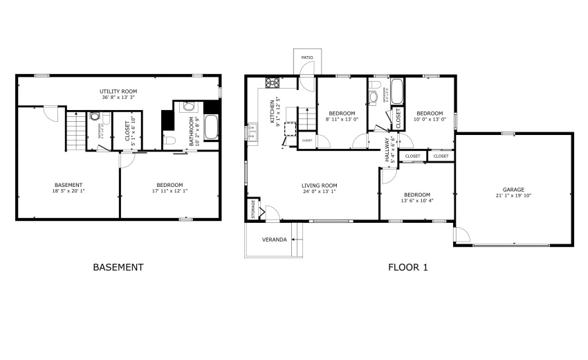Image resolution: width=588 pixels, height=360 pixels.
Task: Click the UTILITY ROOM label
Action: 118,91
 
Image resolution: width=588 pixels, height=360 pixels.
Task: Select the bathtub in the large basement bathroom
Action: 211,127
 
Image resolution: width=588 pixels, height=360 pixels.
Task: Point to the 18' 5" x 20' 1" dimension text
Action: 68,192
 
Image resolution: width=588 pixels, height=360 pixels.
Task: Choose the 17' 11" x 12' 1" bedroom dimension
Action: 169,192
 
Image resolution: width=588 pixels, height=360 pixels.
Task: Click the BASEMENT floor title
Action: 118,267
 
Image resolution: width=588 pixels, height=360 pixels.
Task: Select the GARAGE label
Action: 513,189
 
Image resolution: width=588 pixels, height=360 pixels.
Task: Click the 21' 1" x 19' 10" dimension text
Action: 513,196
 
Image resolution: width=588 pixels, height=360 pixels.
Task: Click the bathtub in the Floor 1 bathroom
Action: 396,92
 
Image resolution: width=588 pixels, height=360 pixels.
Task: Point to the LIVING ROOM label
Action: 319,185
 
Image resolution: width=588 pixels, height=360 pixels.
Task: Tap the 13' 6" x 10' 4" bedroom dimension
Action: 417,201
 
